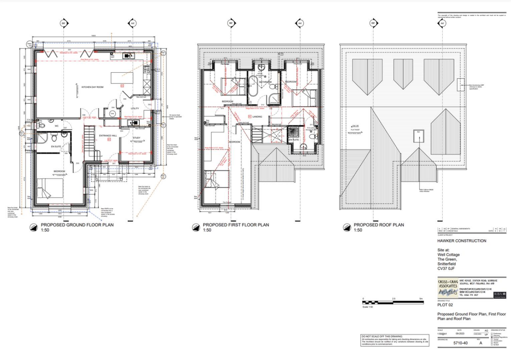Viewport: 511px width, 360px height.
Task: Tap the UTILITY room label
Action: (135, 108)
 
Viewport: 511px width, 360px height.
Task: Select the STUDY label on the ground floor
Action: (136, 138)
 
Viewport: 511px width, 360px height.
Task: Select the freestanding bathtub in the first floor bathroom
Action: (253, 86)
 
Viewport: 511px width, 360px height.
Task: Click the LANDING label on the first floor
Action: (258, 118)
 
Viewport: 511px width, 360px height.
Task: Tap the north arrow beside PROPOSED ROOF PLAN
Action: (345, 227)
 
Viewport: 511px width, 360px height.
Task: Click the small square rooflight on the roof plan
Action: (418, 135)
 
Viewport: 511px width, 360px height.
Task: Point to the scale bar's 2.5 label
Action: (393, 298)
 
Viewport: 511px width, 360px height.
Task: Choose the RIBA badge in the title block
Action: (499, 295)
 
